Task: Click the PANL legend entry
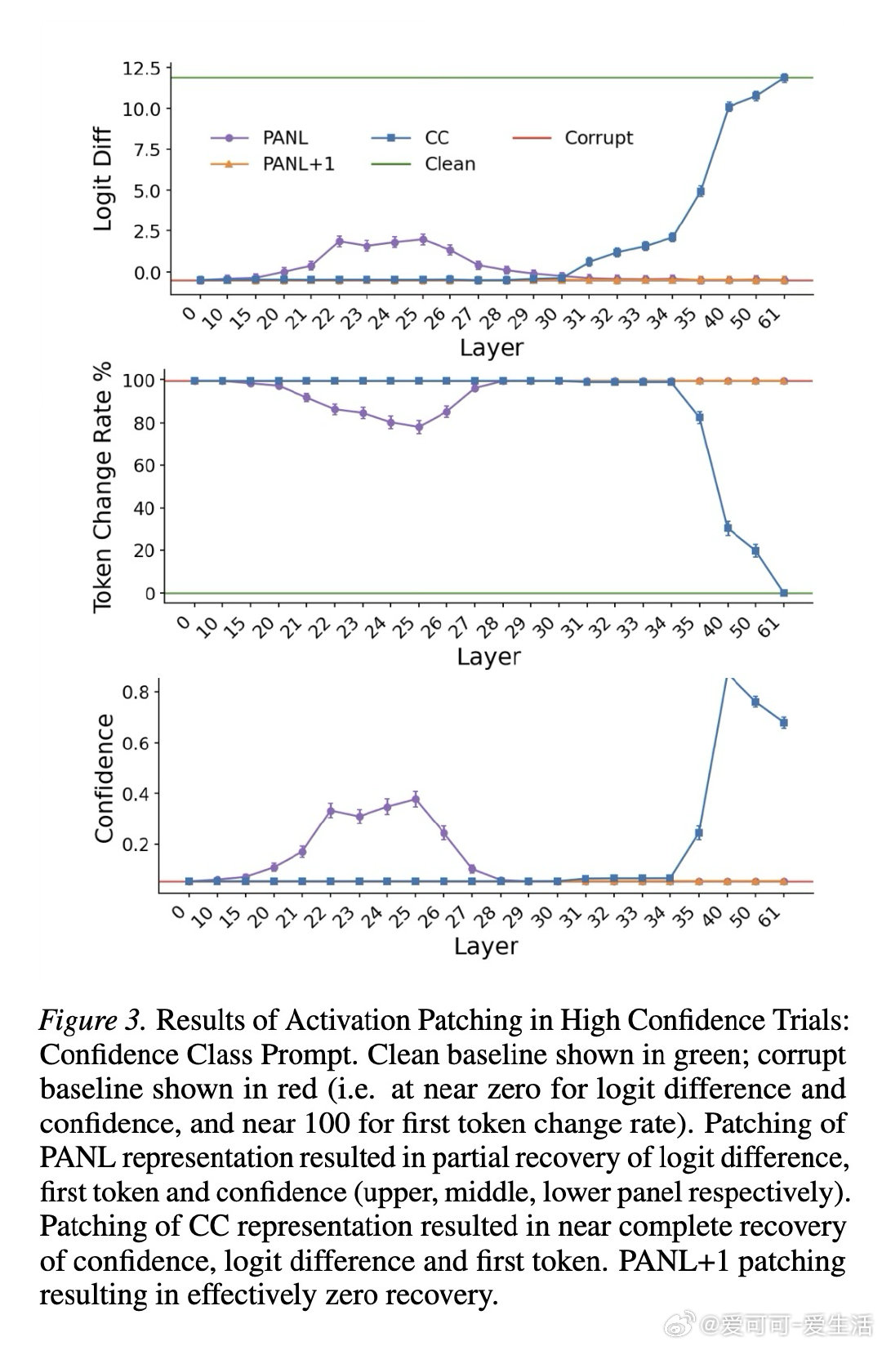click(x=285, y=138)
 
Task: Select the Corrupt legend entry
click(x=598, y=138)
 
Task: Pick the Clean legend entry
click(x=449, y=164)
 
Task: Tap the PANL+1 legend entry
click(x=298, y=164)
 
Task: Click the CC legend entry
click(x=437, y=138)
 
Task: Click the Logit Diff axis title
click(x=103, y=179)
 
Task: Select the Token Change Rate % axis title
click(x=102, y=490)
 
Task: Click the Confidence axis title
click(x=104, y=778)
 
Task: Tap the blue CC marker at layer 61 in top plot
click(x=784, y=78)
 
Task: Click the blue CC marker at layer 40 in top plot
click(x=728, y=106)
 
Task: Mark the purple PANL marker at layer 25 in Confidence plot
click(x=416, y=800)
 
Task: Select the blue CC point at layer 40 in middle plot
click(x=728, y=528)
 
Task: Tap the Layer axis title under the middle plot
click(x=488, y=657)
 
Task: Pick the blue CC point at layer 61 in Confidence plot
click(x=784, y=722)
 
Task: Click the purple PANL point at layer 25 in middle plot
click(x=419, y=427)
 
